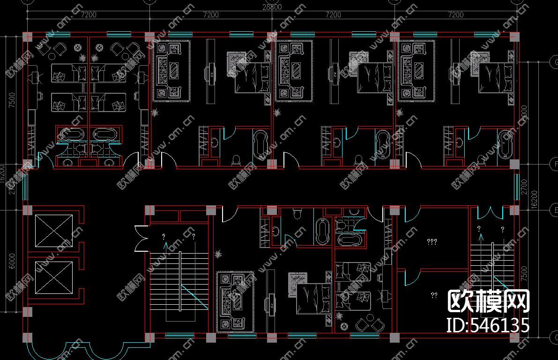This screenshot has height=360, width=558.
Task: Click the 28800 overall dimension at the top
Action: tap(272, 7)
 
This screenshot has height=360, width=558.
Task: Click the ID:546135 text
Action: tap(488, 325)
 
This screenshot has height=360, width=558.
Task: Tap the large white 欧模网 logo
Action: tap(489, 301)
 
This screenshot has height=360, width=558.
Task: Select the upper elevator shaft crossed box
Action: tap(55, 230)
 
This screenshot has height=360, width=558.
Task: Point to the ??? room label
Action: tap(432, 242)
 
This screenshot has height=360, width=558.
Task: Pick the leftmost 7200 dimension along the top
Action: tap(88, 15)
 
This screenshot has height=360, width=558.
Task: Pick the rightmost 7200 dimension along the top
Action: tap(456, 15)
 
